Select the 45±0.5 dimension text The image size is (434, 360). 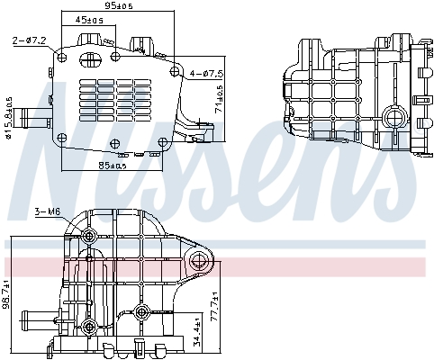pyautogui.click(x=88, y=19)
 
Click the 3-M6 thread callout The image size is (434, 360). pyautogui.click(x=46, y=211)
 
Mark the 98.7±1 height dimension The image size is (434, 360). pyautogui.click(x=9, y=295)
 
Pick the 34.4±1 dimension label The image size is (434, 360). pyautogui.click(x=197, y=334)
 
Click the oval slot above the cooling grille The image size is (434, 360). pyautogui.click(x=89, y=60)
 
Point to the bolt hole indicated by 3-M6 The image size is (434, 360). pyautogui.click(x=89, y=236)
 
